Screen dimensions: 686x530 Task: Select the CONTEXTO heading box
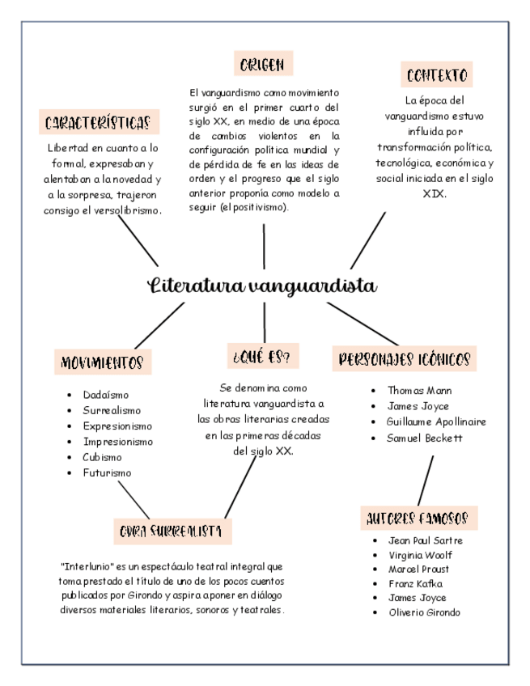pos(437,76)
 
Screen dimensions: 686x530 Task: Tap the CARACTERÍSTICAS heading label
pos(98,123)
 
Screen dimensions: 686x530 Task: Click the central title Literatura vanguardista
pos(262,286)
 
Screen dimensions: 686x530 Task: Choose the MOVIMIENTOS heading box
pos(103,362)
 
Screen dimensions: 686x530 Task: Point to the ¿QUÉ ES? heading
pos(261,356)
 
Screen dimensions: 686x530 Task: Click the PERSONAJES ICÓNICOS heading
pos(405,359)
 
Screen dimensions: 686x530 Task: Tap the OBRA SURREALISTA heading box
pos(172,531)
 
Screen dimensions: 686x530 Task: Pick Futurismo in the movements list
pos(107,472)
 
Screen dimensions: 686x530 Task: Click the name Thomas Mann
pos(419,390)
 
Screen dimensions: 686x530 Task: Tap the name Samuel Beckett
pos(425,438)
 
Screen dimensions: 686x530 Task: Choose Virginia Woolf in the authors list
pos(421,555)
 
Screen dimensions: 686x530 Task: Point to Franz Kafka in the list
pos(416,583)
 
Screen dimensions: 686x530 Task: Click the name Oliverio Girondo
pos(424,612)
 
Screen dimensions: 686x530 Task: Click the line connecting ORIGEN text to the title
pos(264,246)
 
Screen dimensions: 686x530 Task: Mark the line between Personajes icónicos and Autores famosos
pos(426,480)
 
